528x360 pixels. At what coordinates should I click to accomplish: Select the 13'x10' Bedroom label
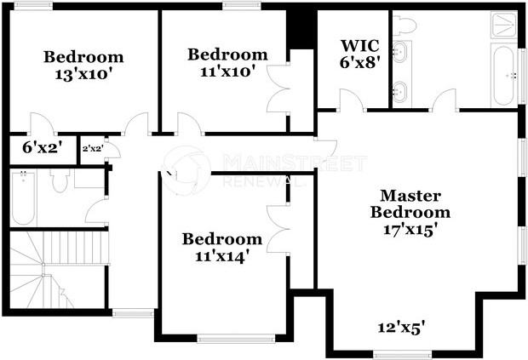click(x=83, y=65)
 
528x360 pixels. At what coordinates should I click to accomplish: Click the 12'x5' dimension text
click(x=401, y=327)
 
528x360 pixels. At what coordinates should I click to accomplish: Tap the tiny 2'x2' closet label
click(x=91, y=148)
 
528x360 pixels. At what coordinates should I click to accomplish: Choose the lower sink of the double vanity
click(x=401, y=89)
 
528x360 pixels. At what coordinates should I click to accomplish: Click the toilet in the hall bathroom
click(x=60, y=180)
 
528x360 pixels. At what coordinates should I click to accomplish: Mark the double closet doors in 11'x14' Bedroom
click(x=278, y=228)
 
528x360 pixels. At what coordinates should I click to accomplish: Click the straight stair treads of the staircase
click(x=77, y=249)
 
